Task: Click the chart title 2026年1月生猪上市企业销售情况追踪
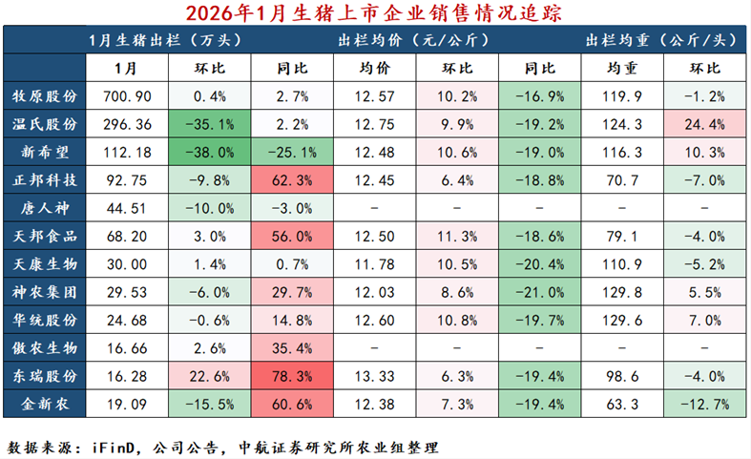(x=375, y=12)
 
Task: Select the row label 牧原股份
(x=45, y=96)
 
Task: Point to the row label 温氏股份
(x=45, y=124)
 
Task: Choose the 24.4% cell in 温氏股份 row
(x=707, y=124)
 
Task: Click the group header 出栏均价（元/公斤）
(x=414, y=41)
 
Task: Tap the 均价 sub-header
(x=373, y=69)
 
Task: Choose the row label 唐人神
(x=45, y=207)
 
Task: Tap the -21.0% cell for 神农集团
(x=540, y=291)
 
